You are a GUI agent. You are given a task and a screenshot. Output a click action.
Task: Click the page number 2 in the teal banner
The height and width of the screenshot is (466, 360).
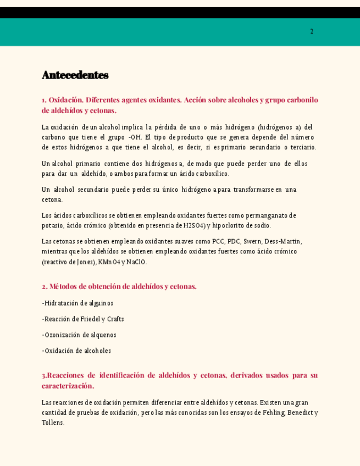coord(312,32)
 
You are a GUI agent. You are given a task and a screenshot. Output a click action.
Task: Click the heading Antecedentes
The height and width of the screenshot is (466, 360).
coord(75,75)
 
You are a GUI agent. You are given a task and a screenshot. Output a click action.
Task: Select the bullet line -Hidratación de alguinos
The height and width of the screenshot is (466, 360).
coord(77,303)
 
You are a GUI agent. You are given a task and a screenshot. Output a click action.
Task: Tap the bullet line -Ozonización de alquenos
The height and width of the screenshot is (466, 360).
coord(79,335)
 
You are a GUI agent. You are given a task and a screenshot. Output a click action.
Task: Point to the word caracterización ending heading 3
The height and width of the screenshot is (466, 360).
coord(67,386)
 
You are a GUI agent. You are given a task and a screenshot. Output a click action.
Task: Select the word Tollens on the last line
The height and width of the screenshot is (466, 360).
coord(53,423)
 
